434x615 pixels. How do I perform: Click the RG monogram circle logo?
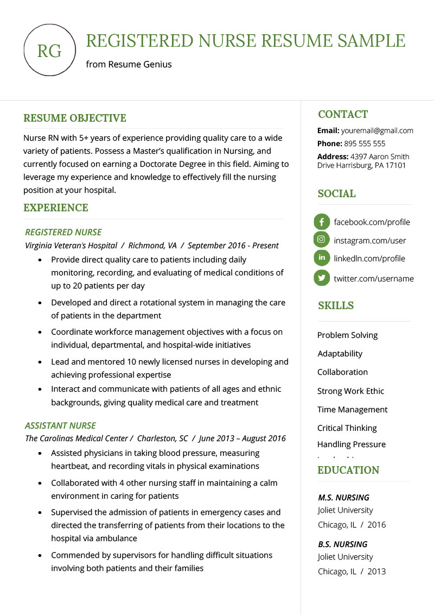(x=49, y=51)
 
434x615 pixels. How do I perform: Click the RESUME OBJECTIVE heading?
(x=74, y=118)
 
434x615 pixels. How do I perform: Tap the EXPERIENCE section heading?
(x=55, y=208)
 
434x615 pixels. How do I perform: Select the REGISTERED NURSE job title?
(x=63, y=232)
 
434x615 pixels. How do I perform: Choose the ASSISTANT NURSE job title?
(x=60, y=425)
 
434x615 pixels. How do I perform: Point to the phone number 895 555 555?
(x=364, y=143)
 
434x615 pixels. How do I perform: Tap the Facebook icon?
(x=322, y=222)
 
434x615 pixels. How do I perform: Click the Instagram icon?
(x=322, y=240)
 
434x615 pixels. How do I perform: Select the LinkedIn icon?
(x=322, y=258)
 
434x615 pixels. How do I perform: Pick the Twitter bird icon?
(x=322, y=278)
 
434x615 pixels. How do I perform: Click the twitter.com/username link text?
(x=373, y=279)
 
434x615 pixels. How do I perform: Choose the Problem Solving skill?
(x=347, y=335)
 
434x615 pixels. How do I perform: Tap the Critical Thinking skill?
(x=347, y=428)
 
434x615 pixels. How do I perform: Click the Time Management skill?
(x=352, y=410)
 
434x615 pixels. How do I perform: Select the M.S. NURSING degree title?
(x=343, y=497)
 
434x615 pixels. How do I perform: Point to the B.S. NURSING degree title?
(x=342, y=544)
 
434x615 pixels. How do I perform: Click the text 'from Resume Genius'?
(x=129, y=64)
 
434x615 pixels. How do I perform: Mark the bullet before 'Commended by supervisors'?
(x=41, y=556)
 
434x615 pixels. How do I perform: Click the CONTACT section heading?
(x=343, y=114)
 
